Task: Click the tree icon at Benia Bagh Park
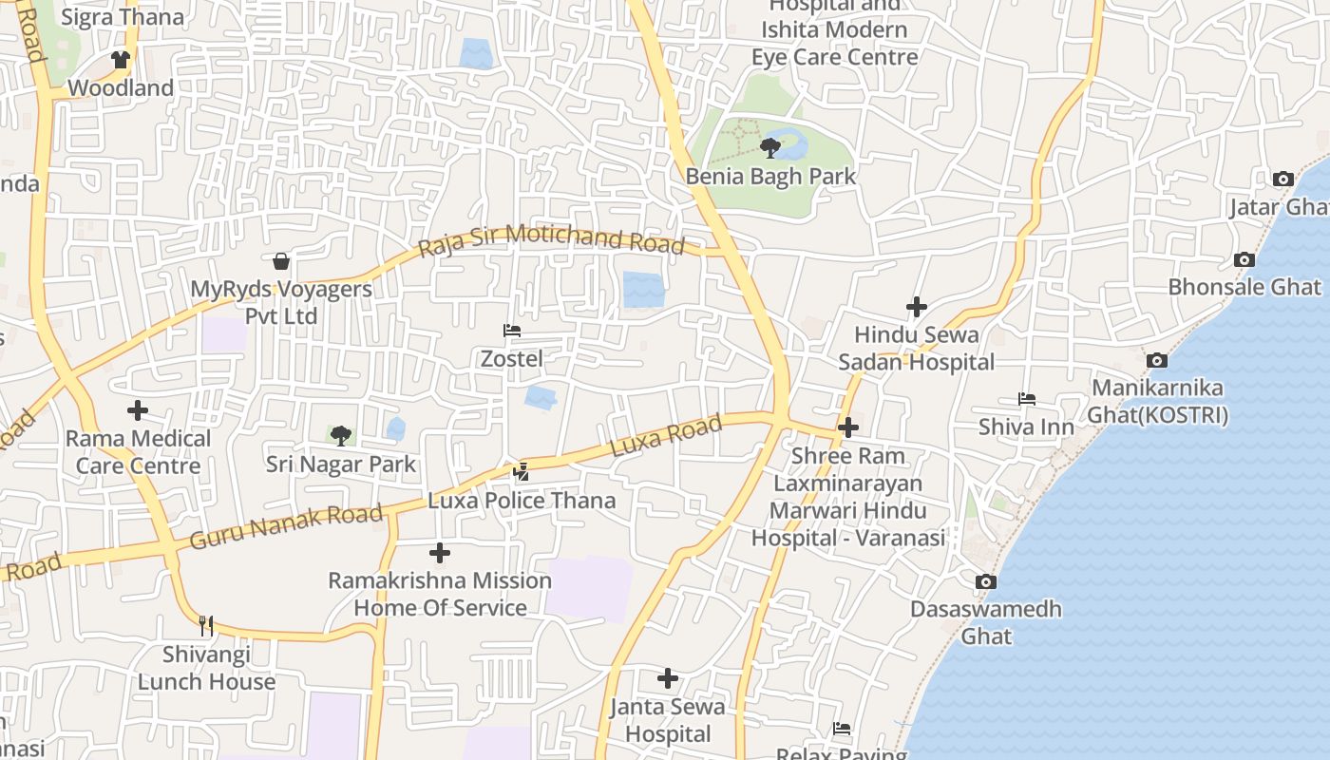tap(770, 147)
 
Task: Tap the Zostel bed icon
tap(512, 331)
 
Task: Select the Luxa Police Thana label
tap(522, 501)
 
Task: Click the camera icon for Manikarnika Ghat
tap(1156, 360)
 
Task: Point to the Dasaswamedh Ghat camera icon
tap(986, 581)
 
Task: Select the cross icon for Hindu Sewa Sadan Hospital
tap(916, 307)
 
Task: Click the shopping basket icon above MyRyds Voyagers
tap(281, 261)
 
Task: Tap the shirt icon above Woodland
tap(120, 60)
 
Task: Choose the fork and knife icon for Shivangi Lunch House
tap(206, 626)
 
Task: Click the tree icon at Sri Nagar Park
tap(340, 436)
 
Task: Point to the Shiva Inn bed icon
tap(1026, 399)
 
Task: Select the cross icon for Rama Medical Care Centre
tap(138, 410)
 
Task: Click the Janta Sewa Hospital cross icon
tap(668, 678)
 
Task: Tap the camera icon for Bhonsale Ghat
tap(1244, 259)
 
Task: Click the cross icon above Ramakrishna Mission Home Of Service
tap(440, 552)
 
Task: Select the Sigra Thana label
tap(123, 17)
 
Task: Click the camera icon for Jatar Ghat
tap(1282, 179)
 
